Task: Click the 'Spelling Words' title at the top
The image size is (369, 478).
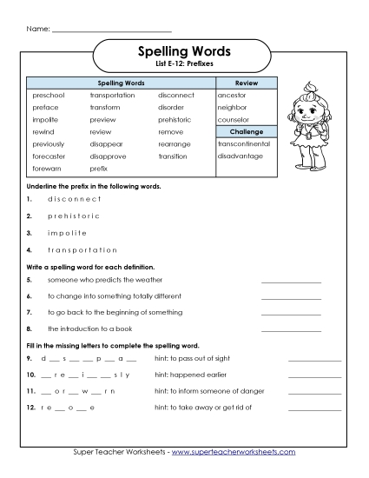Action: point(183,50)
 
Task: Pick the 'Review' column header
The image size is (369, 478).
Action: point(247,82)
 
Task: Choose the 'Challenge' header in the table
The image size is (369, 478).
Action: point(247,131)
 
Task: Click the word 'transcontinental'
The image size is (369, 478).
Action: point(244,143)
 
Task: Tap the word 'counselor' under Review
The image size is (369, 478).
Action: point(234,119)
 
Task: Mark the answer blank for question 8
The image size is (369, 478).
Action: point(291,329)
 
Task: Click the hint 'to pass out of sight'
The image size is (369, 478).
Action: point(192,358)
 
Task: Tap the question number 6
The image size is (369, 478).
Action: point(29,296)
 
